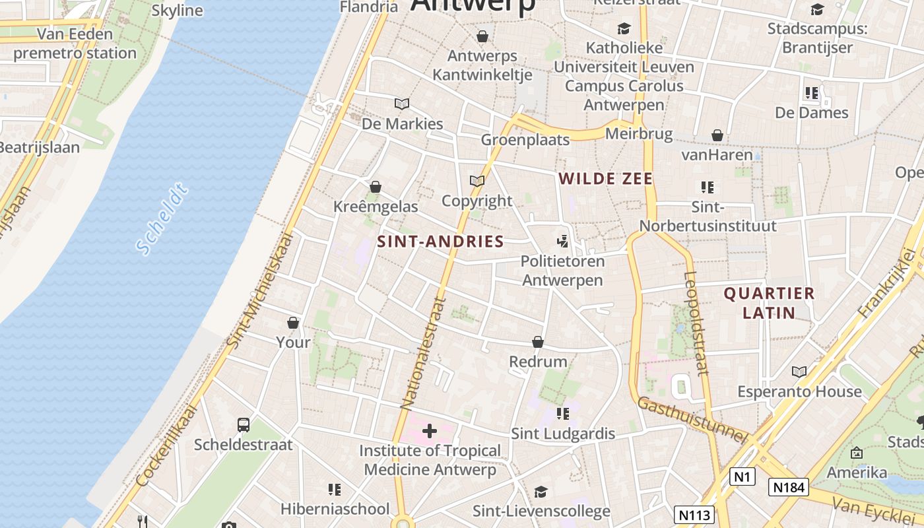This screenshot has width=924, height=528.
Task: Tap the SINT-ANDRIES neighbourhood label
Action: (440, 242)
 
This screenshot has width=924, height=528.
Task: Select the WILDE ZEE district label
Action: (605, 178)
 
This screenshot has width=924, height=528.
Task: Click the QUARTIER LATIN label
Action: (769, 303)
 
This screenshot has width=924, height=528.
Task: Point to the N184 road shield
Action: (788, 487)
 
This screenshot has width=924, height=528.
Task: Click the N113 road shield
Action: (694, 514)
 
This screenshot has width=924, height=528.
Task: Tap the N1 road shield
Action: (742, 476)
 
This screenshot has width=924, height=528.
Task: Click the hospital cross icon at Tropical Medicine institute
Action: (430, 432)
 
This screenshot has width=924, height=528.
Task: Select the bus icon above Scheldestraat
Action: (244, 424)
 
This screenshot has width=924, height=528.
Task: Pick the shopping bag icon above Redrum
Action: (538, 342)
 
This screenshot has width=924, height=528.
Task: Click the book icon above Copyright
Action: (477, 181)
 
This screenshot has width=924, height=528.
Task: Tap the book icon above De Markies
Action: (402, 104)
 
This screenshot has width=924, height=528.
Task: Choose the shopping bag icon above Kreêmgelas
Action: (376, 187)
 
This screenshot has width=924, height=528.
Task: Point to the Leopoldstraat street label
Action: (696, 323)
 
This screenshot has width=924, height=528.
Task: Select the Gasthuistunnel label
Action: (692, 420)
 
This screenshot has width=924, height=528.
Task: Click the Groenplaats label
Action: (525, 140)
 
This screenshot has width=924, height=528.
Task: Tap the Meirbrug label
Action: (638, 134)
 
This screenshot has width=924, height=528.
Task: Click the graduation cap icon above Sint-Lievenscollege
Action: (541, 492)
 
